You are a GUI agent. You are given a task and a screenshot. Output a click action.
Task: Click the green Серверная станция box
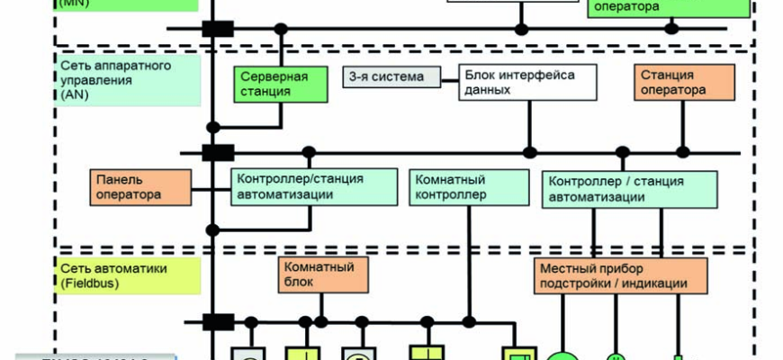pos(273,84)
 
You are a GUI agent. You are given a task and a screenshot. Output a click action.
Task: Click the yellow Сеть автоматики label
pos(114,268)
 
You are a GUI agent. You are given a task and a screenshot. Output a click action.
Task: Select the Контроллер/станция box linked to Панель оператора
pos(313,186)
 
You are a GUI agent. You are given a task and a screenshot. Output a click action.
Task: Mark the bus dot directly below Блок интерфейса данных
pos(530,152)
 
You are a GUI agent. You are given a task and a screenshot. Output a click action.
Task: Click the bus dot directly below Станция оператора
pos(682,152)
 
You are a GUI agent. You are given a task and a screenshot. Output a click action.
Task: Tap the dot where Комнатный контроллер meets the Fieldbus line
pos(468,320)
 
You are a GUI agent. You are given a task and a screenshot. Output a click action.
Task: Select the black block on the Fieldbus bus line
pos(218,321)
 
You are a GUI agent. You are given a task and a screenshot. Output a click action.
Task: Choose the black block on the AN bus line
pos(218,153)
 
